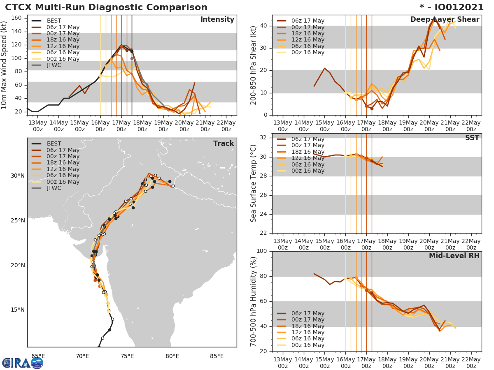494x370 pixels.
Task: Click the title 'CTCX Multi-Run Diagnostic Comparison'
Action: point(106,7)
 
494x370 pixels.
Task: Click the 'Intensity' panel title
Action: point(217,20)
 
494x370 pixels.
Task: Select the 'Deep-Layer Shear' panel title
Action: point(445,20)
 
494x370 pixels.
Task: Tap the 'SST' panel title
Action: point(472,138)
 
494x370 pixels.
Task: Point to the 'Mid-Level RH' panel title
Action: point(454,256)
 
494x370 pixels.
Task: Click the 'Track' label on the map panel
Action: point(223,143)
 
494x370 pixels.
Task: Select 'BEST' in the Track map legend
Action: point(54,144)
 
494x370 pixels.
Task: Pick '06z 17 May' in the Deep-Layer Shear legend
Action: point(308,21)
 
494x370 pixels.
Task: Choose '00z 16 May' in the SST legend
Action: point(308,171)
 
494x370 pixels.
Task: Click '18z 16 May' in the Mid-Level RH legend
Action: point(308,326)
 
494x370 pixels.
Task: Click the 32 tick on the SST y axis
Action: point(263,138)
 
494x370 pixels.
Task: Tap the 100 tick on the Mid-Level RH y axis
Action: point(262,251)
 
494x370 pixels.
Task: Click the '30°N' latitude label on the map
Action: point(18,176)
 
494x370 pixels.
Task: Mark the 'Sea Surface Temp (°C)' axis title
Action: point(254,183)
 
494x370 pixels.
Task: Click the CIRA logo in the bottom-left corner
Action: point(23,363)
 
